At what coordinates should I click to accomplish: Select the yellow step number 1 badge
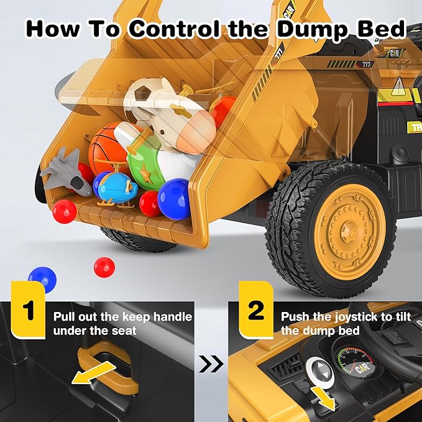28,311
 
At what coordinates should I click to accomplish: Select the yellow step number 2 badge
256,311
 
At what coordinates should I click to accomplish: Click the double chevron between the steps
211,364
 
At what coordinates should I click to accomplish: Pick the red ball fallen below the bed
104,267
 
